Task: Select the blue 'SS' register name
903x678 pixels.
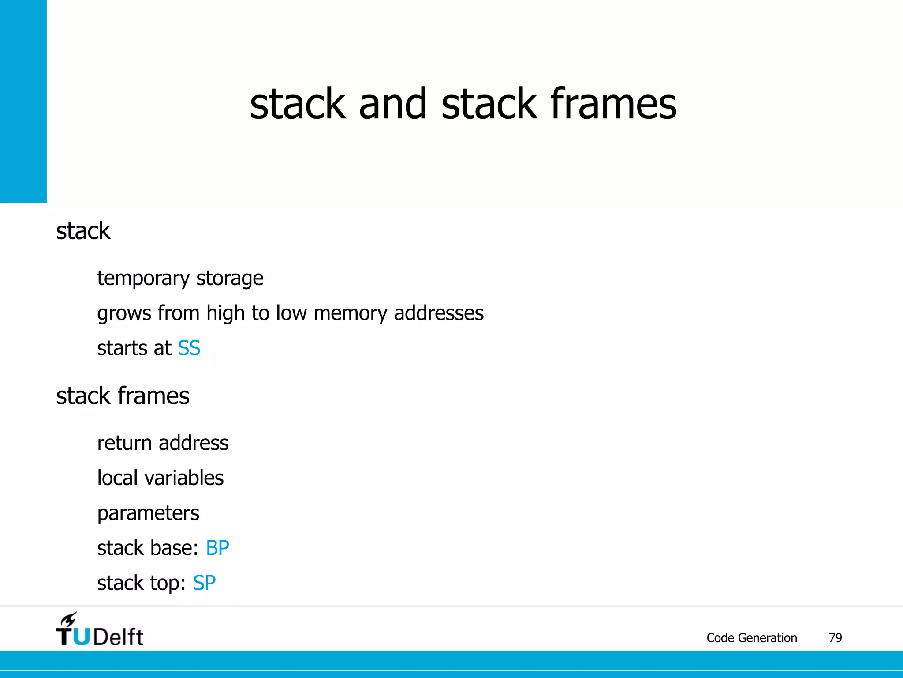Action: pos(189,348)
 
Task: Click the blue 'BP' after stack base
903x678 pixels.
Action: pos(217,548)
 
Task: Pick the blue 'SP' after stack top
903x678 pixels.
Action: pos(204,583)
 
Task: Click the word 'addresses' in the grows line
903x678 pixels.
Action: pos(439,313)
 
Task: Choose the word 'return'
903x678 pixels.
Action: pos(124,443)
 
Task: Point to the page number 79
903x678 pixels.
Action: pos(835,638)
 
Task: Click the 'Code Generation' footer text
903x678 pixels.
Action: pos(752,638)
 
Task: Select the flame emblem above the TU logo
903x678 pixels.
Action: pos(69,619)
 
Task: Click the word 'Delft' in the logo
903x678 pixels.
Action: pos(118,637)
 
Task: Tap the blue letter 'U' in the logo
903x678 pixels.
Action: pos(81,637)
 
